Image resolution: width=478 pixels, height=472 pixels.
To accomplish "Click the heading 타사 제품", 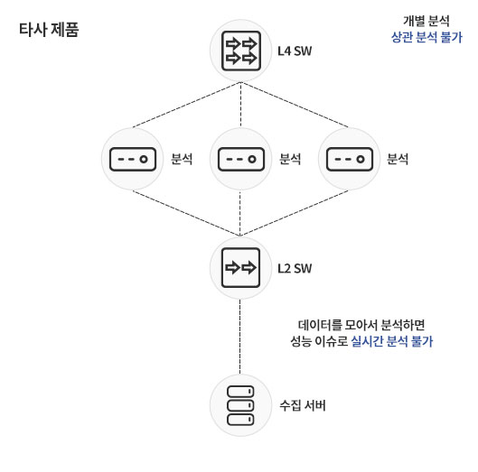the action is [x=49, y=30].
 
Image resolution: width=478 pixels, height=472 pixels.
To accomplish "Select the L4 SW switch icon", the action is [x=241, y=51].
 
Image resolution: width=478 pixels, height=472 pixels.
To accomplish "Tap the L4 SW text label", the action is [x=295, y=51].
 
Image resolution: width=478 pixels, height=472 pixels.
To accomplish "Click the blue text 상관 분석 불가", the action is [x=426, y=37].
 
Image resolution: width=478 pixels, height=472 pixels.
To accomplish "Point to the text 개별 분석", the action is [x=426, y=21].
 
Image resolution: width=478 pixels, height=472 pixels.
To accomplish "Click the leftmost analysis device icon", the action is [x=133, y=159].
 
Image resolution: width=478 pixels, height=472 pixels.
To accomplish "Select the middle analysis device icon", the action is [x=241, y=159].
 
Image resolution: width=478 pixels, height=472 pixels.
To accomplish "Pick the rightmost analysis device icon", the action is [x=350, y=159].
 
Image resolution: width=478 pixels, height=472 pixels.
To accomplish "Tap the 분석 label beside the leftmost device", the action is [x=182, y=159].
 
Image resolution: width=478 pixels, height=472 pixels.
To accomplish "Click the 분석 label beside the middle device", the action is [x=290, y=159].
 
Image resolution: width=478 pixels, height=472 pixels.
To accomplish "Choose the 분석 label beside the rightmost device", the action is [x=398, y=159].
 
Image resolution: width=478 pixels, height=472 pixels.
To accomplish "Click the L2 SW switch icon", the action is [x=241, y=268].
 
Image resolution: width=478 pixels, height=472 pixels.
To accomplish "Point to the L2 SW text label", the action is [x=295, y=268].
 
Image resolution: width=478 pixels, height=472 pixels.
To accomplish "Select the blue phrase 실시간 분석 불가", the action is [x=392, y=341].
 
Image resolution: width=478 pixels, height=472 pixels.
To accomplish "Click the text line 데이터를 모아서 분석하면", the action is [x=361, y=325].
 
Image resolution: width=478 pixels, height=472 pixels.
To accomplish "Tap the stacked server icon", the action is [x=240, y=405].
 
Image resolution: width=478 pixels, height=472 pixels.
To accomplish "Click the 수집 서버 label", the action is [x=303, y=405].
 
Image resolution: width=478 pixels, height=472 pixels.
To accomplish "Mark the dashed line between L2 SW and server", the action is [x=240, y=337].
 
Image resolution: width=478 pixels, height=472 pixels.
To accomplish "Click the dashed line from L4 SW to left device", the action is [x=186, y=105].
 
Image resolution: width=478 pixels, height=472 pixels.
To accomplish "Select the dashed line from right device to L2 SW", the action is [x=294, y=213].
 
